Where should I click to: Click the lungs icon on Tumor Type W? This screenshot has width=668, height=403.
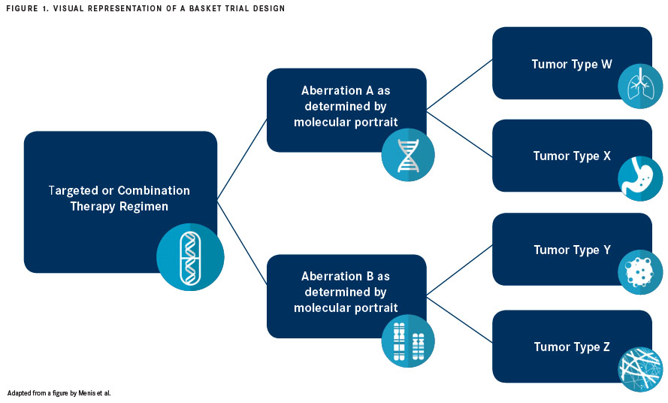point(640,86)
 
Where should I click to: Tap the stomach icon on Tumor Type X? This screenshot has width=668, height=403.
point(640,179)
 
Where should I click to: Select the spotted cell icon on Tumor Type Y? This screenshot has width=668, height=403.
point(640,272)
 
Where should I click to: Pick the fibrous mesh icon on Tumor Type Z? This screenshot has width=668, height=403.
point(640,369)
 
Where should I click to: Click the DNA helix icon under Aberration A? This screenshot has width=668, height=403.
point(408,155)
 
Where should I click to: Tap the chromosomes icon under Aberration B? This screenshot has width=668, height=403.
point(408,341)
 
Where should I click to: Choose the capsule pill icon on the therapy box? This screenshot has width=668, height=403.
point(190,257)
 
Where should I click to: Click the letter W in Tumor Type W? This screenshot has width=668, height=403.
point(606,65)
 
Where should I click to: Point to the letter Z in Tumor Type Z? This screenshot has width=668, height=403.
point(606,347)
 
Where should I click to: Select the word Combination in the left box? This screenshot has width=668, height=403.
point(154,190)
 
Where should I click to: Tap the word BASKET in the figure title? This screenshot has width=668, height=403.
point(204,8)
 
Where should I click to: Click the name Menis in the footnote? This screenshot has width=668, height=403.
point(87,393)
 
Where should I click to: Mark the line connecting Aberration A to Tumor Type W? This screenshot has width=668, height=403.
point(459,84)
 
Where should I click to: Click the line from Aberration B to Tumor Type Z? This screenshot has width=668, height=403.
point(459,320)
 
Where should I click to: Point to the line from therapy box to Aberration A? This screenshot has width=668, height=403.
point(242,159)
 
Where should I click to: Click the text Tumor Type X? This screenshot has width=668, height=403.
point(572,156)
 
